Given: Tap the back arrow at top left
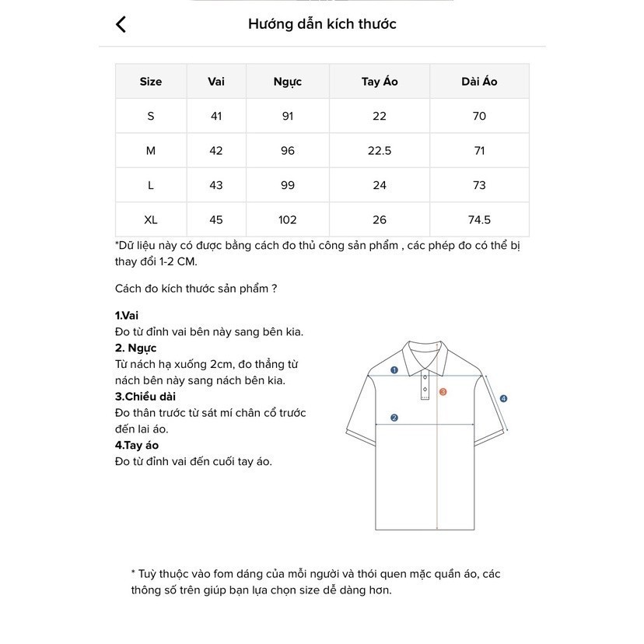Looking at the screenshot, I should [121, 25].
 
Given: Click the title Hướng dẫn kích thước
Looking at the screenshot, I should [322, 24].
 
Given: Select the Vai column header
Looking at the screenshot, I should [216, 82].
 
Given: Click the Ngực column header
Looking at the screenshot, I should [288, 82].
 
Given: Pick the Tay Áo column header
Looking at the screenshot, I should [380, 82].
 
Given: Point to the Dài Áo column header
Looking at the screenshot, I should [479, 82].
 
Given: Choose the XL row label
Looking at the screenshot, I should [151, 220].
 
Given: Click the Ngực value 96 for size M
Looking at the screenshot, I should [288, 151].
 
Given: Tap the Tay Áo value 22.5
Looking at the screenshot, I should [380, 151].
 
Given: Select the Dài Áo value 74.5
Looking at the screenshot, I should [479, 220].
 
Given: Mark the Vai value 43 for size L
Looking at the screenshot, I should [216, 185].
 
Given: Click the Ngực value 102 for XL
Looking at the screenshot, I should [288, 220].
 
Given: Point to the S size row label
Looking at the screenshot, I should [151, 116].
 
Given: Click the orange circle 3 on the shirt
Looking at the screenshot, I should [443, 392].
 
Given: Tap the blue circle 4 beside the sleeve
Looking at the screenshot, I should [503, 399].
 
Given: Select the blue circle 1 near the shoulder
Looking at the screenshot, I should [394, 370].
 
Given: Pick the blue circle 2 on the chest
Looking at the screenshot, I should [394, 418].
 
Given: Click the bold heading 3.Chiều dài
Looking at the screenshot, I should [145, 397].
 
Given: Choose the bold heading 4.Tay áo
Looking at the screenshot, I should [137, 446].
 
